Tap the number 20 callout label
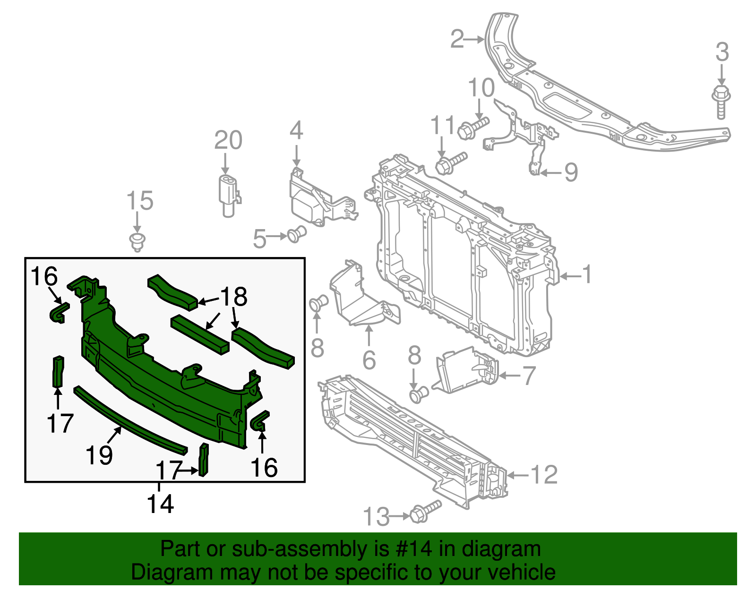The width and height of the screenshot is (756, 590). point(228,140)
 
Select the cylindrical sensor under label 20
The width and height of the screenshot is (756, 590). point(229,195)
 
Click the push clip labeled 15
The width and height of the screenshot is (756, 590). point(137,241)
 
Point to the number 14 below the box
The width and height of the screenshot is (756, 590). point(160,504)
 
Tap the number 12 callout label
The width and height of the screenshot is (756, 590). point(544,475)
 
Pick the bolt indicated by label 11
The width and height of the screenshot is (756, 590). point(450,162)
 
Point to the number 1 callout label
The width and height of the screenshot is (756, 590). point(586,274)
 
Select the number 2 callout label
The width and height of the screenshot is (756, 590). point(457,39)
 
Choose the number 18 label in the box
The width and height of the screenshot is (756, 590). point(234,297)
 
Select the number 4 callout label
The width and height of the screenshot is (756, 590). point(296,130)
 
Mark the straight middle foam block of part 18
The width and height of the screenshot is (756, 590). point(199,334)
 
